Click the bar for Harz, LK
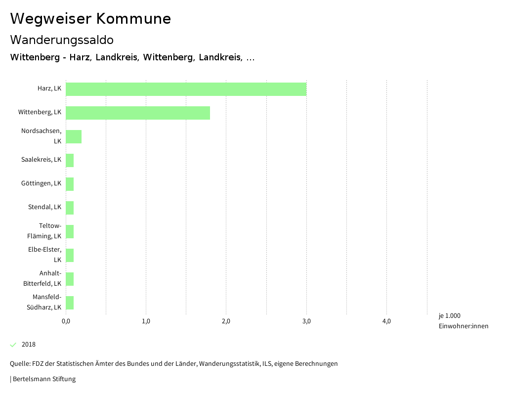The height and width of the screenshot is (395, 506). (186, 89)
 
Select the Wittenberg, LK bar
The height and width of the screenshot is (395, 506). (138, 113)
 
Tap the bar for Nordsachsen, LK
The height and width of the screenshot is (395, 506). (74, 136)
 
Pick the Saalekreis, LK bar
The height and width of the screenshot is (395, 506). (70, 160)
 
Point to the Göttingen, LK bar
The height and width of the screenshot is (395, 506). (70, 184)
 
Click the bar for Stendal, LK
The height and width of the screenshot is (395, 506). (70, 208)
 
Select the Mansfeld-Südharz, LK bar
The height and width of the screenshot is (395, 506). (70, 303)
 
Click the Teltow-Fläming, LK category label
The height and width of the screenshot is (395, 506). (44, 231)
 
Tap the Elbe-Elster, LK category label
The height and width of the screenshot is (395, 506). (45, 255)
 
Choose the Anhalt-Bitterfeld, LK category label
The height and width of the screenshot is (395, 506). (42, 278)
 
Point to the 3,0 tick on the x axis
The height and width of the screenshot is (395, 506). (306, 321)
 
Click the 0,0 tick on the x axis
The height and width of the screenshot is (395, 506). (66, 321)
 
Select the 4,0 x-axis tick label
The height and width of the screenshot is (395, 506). (386, 321)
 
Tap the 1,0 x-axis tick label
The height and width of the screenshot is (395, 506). (146, 321)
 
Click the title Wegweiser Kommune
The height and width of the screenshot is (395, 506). (90, 19)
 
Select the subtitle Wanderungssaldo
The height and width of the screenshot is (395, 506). (62, 40)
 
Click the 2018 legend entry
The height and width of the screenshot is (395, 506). (28, 345)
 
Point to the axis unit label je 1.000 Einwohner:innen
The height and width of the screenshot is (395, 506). (463, 321)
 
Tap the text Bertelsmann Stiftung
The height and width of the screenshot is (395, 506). (44, 379)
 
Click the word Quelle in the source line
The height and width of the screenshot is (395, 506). (19, 364)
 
